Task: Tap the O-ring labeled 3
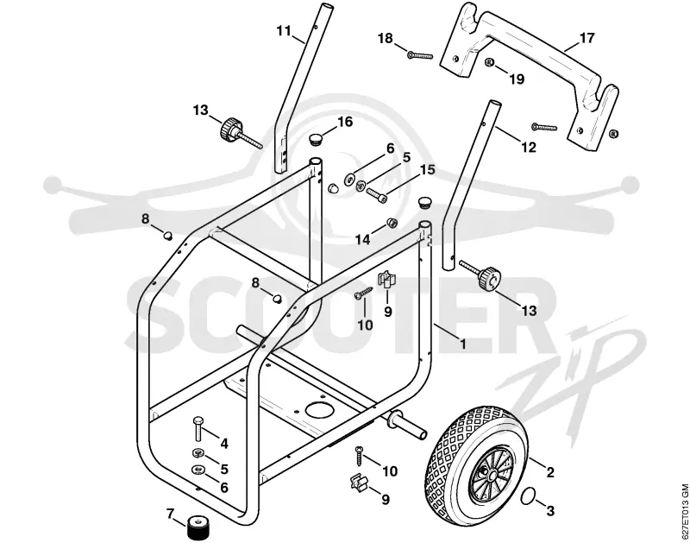pos(527,496)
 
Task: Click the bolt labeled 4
pos(198,428)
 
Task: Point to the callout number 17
pos(587,38)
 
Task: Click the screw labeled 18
pos(420,55)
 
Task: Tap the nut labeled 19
pos(488,62)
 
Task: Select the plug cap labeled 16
pos(315,140)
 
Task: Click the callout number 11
pos(284,31)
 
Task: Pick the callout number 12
pos(529,147)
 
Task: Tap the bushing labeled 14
pos(392,223)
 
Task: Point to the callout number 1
pos(462,343)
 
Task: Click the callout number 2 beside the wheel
pos(549,472)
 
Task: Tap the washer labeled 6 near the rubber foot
pos(198,470)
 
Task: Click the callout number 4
pos(224,444)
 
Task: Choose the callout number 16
pos(344,122)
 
